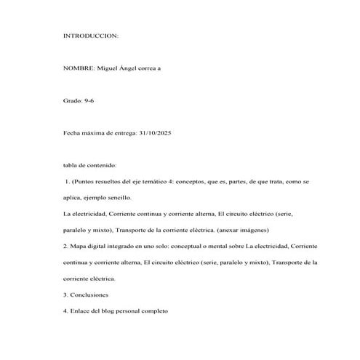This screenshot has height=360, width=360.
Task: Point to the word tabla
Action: click(x=71, y=165)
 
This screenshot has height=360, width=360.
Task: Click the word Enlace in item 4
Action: click(x=81, y=311)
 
